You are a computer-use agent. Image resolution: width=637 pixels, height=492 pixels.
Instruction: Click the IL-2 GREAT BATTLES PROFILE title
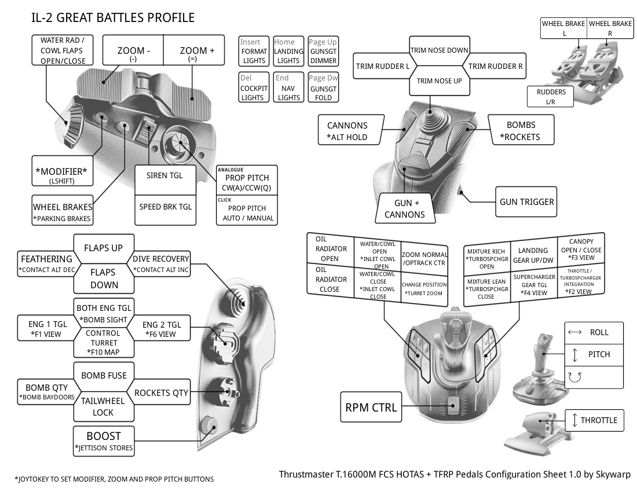[x=113, y=18]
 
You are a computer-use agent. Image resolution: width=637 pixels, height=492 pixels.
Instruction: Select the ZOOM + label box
[x=194, y=50]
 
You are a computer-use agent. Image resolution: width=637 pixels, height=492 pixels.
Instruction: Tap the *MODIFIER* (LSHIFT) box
[x=62, y=171]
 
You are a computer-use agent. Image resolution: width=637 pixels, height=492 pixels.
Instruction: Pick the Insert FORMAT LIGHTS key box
[x=254, y=51]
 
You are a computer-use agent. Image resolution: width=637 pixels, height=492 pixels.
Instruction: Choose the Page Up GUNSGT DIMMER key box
[x=323, y=51]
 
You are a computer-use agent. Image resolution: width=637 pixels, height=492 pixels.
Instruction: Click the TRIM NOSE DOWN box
[x=439, y=50]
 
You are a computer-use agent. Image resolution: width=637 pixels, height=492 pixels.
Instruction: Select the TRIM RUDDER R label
[x=495, y=66]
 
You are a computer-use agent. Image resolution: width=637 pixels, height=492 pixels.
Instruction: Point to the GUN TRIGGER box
[x=526, y=202]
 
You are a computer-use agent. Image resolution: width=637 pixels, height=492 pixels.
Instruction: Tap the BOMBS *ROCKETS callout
[x=521, y=130]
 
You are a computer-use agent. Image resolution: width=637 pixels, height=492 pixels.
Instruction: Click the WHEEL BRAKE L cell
[x=564, y=28]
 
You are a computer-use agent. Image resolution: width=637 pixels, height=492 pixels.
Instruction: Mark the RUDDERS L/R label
[x=551, y=97]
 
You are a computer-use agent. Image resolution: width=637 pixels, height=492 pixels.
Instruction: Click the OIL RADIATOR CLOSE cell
[x=330, y=280]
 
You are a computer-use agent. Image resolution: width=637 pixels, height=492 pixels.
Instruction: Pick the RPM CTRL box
[x=371, y=407]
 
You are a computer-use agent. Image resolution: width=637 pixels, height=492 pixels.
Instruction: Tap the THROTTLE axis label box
[x=594, y=420]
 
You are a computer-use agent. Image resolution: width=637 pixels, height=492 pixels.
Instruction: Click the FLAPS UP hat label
[x=104, y=248]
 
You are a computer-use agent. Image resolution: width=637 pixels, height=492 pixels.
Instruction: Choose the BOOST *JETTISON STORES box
[x=104, y=441]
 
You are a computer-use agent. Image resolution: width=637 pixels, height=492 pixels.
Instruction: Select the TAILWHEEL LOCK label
[x=103, y=407]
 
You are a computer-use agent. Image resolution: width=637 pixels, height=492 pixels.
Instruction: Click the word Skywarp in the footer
[x=613, y=475]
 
